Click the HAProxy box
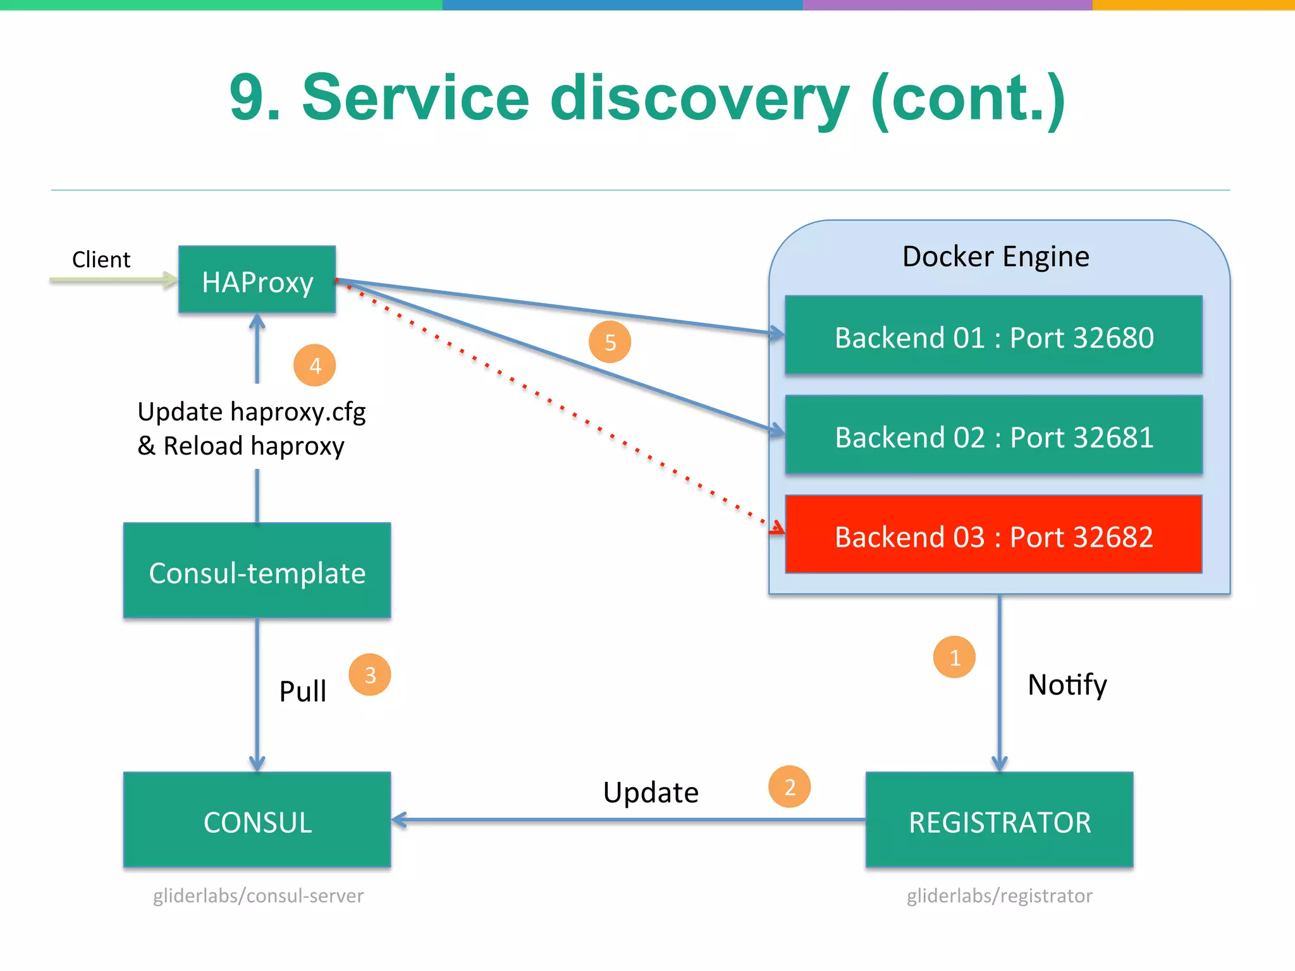click(257, 279)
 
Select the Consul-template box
click(257, 570)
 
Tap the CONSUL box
click(257, 820)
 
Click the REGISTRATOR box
click(999, 820)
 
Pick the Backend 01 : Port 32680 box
click(993, 336)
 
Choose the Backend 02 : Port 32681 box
click(993, 436)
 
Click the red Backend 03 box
click(993, 535)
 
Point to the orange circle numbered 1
click(954, 657)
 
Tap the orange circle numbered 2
click(789, 787)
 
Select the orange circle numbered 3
click(370, 675)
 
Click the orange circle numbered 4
click(315, 365)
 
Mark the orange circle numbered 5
click(610, 342)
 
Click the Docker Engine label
click(996, 257)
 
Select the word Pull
click(303, 691)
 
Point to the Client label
click(101, 260)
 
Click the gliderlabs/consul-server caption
click(258, 896)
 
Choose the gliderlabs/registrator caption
click(999, 896)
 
